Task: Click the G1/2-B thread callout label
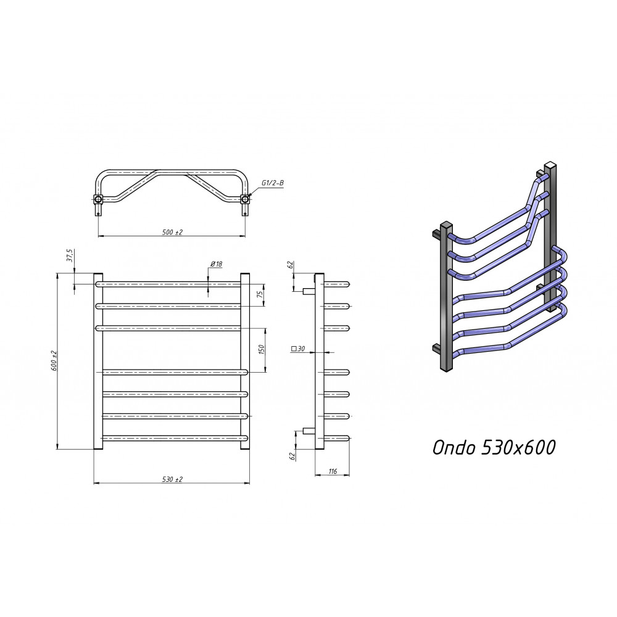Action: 272,183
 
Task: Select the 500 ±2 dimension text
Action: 172,232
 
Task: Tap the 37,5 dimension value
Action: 70,255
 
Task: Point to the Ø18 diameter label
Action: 217,264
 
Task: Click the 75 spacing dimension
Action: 260,295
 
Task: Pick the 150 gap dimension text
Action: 262,350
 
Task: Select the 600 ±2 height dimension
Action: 54,360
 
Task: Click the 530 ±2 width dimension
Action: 172,479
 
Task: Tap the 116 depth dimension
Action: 333,471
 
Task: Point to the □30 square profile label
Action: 298,349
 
